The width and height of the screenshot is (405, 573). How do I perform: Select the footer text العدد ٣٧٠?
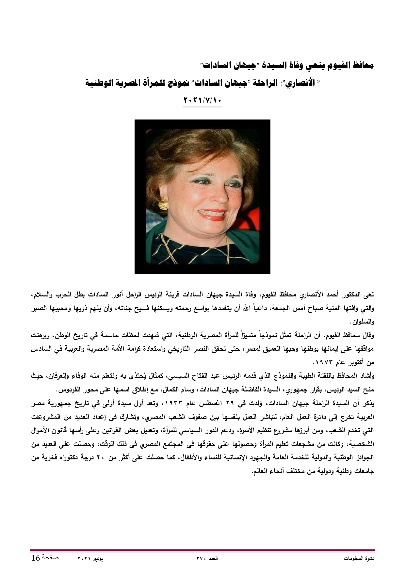click(207, 559)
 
